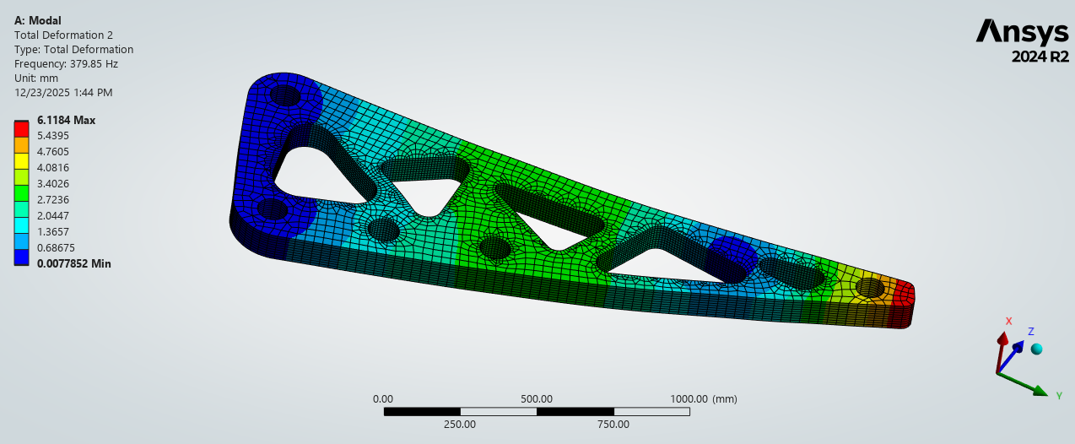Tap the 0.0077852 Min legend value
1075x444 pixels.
pos(73,263)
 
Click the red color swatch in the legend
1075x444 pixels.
pos(21,128)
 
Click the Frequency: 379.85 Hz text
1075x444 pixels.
pos(66,63)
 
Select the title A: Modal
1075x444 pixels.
pos(38,20)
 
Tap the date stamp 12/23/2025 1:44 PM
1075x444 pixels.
pos(63,93)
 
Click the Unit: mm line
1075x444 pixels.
pos(36,78)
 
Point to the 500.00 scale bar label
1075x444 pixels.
pos(536,399)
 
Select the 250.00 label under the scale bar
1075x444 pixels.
pos(460,425)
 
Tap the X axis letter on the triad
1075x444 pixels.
pos(1008,321)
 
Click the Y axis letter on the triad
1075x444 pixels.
pos(1057,393)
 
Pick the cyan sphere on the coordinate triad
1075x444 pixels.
pos(1037,349)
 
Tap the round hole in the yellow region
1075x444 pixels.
pos(871,289)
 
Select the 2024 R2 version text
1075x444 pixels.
pos(1040,57)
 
